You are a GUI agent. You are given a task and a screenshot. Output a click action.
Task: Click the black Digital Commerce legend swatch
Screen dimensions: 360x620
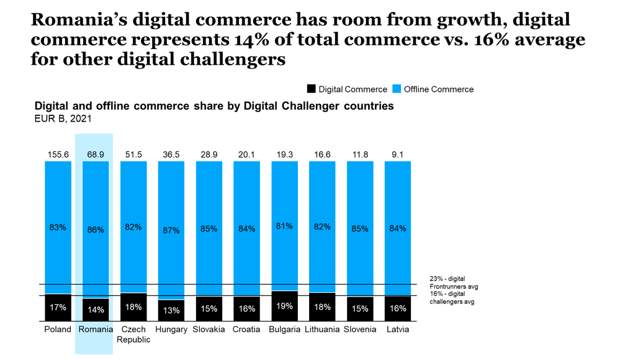click(x=312, y=89)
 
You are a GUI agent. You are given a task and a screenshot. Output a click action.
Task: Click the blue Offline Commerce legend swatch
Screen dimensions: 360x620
click(x=397, y=89)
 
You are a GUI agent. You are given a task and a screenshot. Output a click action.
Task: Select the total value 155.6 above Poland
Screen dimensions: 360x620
click(x=58, y=155)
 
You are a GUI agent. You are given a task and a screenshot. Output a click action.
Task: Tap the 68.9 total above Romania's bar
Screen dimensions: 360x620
click(x=96, y=155)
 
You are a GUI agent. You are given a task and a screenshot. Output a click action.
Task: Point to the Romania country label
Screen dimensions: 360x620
click(x=96, y=330)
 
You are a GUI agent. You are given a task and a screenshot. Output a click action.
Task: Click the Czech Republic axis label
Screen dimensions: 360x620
click(x=133, y=335)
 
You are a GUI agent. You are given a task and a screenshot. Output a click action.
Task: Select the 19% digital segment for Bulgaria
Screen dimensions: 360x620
click(x=284, y=306)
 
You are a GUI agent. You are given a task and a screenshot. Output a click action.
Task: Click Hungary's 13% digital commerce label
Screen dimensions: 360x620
click(x=171, y=310)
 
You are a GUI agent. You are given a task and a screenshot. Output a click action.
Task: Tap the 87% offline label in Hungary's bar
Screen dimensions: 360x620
click(x=171, y=230)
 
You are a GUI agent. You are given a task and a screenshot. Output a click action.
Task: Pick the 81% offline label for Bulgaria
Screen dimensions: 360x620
click(x=284, y=227)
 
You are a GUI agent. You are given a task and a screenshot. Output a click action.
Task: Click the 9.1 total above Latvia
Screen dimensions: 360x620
click(x=397, y=155)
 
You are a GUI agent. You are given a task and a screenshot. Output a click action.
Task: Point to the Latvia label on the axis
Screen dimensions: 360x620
click(x=397, y=330)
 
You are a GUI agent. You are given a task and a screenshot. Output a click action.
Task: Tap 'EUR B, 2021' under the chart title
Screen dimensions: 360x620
click(x=63, y=119)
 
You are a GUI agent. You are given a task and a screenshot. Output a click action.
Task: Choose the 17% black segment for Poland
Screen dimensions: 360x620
click(x=58, y=308)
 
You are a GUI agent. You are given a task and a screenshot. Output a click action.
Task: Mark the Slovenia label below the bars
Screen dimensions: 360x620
click(x=359, y=330)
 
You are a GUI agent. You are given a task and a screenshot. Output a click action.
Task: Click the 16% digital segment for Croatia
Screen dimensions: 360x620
click(x=246, y=308)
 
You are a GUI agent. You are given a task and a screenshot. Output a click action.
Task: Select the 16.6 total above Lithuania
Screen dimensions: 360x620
click(x=322, y=155)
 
